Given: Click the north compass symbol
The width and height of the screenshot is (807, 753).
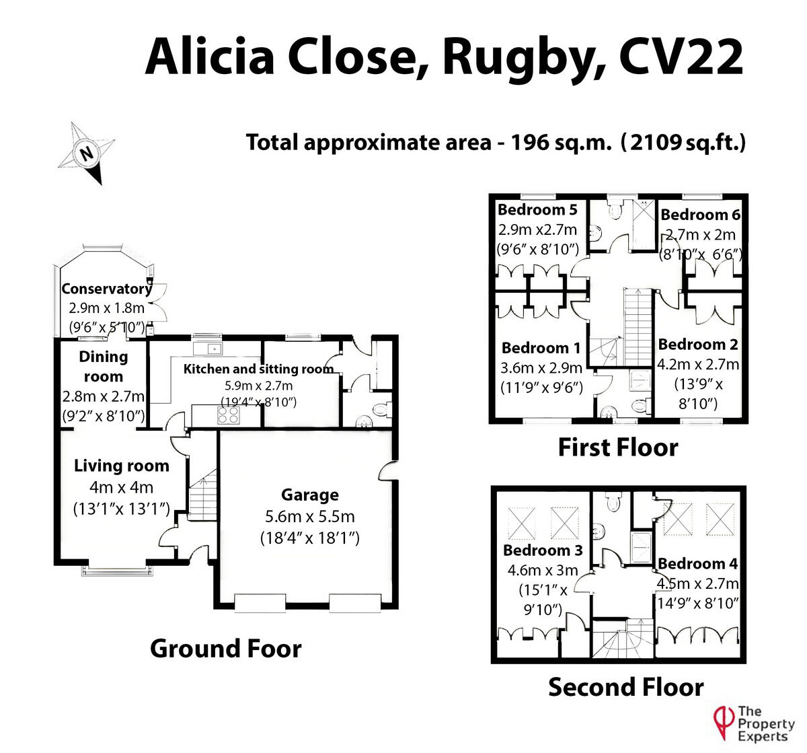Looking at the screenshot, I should (86, 153).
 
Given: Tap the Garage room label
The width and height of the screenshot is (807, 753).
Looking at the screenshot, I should (309, 495).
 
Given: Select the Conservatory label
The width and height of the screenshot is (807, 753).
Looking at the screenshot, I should (106, 289).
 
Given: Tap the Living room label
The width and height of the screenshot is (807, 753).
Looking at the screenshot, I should (121, 466).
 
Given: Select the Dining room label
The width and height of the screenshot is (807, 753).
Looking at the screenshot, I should (103, 367).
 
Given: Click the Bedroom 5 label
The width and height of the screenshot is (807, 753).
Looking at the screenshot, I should (537, 210).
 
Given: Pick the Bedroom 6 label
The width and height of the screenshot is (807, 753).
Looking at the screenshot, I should (701, 215).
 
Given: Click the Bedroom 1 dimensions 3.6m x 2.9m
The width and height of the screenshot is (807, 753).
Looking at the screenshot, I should (541, 368).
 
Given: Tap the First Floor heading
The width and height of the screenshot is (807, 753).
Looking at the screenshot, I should (618, 447).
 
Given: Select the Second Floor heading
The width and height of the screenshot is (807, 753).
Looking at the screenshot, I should (625, 688).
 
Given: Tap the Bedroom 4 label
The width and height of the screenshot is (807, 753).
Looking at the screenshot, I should (698, 564).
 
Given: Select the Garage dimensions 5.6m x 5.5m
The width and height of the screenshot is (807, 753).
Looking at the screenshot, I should (309, 517).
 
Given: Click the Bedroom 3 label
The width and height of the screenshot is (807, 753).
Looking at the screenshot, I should (542, 550).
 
